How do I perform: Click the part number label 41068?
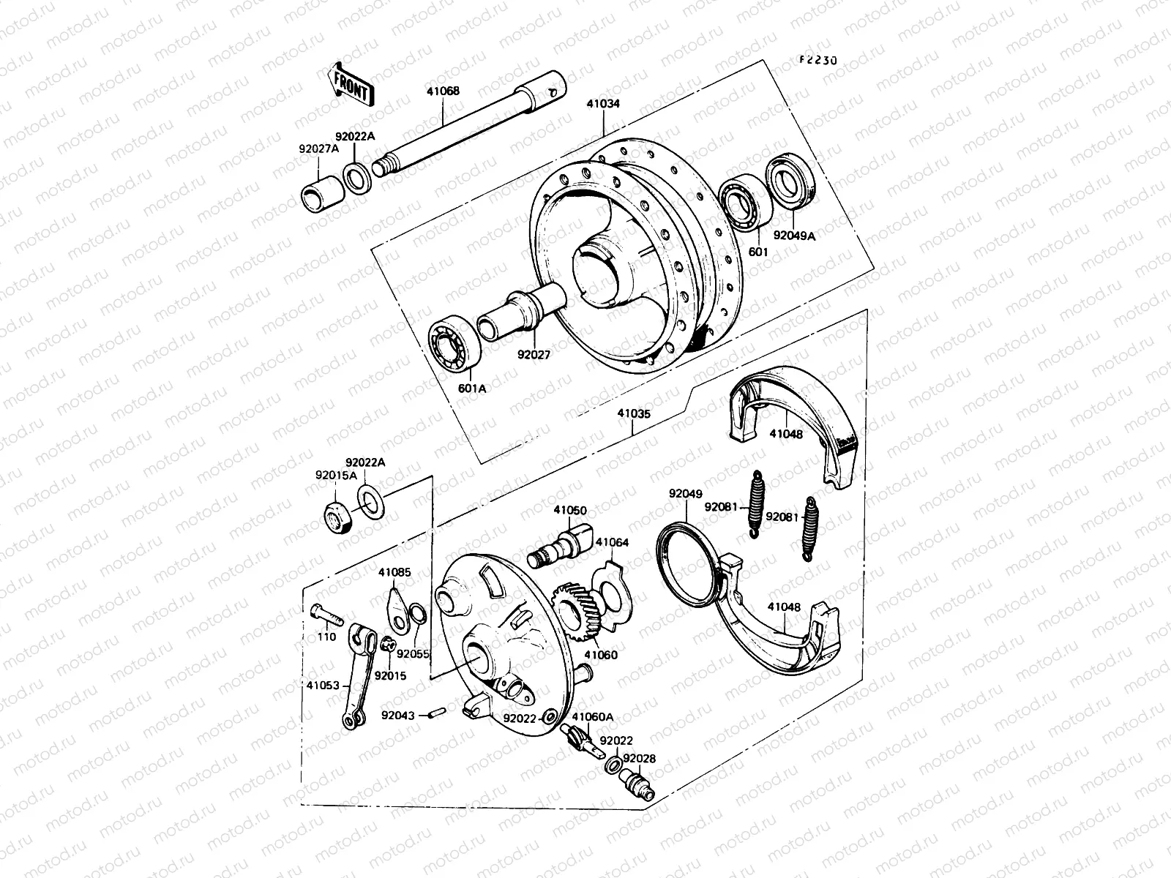(443, 92)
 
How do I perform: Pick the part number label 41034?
(602, 105)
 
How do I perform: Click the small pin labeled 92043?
(436, 713)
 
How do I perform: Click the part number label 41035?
(633, 413)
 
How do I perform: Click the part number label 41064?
(611, 543)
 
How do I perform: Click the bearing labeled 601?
(742, 203)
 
